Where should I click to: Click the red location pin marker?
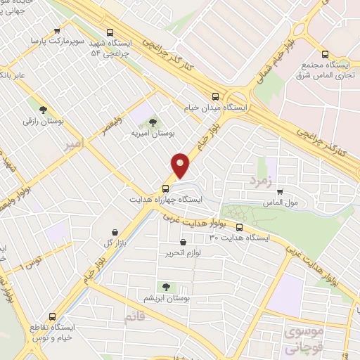(181, 165)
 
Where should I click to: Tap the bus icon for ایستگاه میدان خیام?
(215, 97)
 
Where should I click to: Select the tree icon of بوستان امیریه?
(153, 122)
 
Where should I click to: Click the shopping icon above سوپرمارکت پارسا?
(57, 32)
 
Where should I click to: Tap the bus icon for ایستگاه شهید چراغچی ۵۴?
(109, 32)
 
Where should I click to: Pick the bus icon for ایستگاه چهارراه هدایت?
(166, 188)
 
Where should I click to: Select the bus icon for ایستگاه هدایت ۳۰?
(240, 227)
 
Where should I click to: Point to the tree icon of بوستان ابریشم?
(166, 286)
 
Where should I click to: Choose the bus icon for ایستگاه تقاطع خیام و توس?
(52, 316)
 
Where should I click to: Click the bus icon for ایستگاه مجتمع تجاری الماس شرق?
(325, 54)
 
